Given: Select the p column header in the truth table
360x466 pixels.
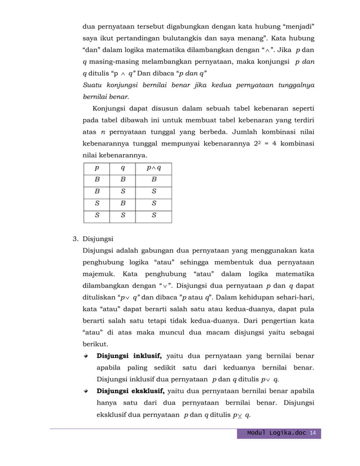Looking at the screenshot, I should tap(97, 168).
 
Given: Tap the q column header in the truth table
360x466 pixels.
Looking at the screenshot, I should tap(123, 168).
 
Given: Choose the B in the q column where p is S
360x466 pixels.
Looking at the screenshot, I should tap(123, 203).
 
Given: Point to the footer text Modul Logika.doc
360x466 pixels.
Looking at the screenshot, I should tap(276, 433).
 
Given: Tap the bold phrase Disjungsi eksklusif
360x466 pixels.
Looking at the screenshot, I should tap(131, 390).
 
